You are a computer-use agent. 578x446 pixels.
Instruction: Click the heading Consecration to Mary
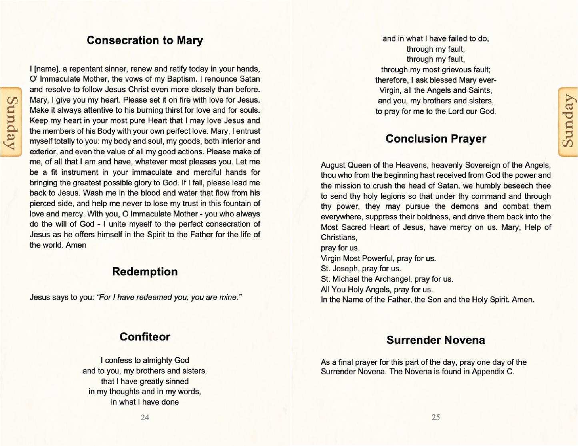coord(144,40)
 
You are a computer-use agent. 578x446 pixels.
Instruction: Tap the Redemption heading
coord(144,272)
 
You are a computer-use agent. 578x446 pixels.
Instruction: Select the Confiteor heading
coord(144,337)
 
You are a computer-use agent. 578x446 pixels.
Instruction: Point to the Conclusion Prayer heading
coord(436,139)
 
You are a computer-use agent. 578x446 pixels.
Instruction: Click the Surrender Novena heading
coord(436,340)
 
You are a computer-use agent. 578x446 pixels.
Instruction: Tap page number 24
coord(145,418)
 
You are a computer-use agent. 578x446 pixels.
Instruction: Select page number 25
coord(436,418)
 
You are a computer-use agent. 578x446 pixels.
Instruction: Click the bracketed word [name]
coord(45,69)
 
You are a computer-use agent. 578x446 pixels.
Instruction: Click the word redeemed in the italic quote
coord(152,298)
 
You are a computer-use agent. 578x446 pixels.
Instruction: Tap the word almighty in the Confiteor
coord(159,360)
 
